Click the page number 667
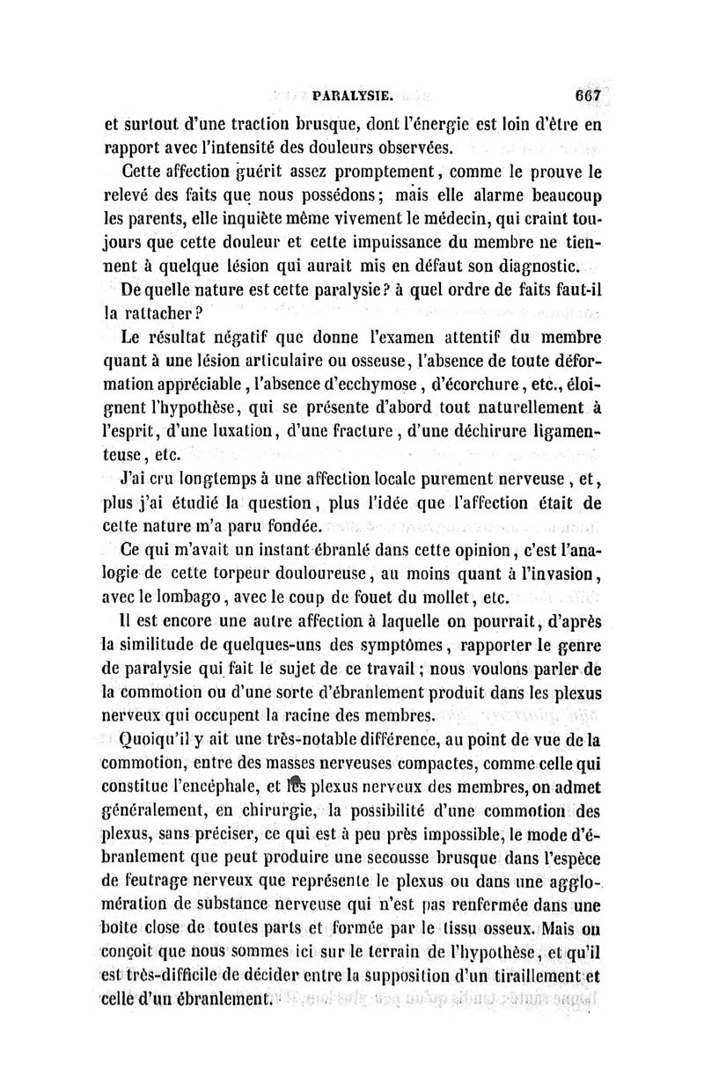[585, 95]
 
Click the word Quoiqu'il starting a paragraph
[144, 740]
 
